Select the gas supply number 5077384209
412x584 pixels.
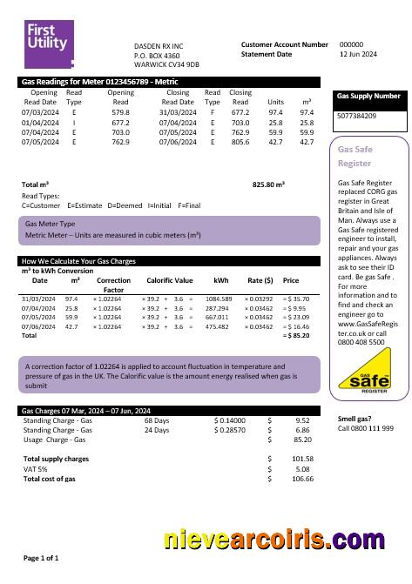(356, 115)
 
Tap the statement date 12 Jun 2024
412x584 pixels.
(357, 54)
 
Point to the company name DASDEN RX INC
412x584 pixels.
(159, 45)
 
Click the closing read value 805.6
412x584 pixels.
(240, 142)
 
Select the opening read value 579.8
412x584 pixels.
(120, 112)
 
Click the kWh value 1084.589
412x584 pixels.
(219, 299)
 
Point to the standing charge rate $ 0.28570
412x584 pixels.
(229, 430)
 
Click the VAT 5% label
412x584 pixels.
(36, 469)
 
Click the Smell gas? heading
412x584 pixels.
(354, 419)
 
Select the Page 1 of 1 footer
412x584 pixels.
(41, 557)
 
